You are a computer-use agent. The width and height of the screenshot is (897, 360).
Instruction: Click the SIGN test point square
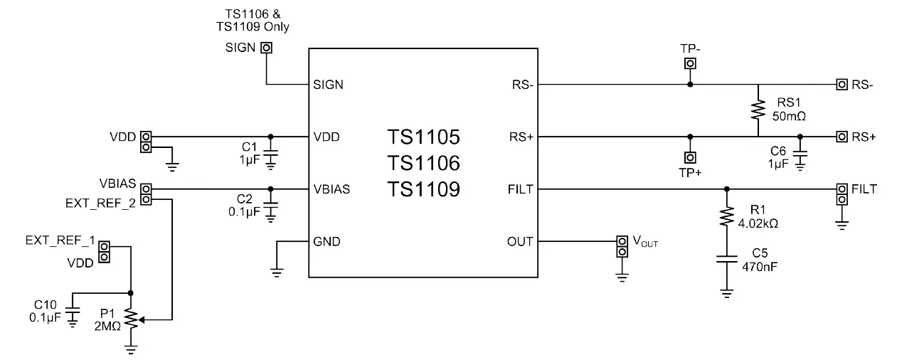click(266, 48)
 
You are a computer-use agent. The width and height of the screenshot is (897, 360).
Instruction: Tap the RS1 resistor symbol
click(758, 110)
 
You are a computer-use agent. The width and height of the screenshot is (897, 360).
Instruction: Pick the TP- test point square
click(689, 64)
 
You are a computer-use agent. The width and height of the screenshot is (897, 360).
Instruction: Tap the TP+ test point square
click(689, 157)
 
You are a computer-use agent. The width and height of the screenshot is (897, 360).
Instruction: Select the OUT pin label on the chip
click(519, 241)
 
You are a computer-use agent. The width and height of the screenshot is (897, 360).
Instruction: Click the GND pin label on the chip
click(327, 241)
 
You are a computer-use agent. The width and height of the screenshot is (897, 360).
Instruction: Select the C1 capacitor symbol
click(270, 156)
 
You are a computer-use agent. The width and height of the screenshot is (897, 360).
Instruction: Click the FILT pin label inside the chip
click(520, 189)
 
